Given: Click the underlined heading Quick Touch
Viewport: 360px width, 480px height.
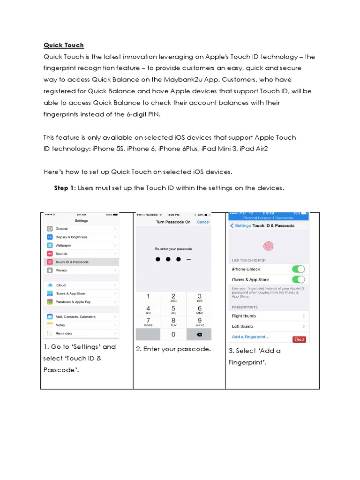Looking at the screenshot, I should tap(64, 45).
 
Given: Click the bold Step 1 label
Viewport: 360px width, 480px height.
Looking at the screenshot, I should tap(64, 188).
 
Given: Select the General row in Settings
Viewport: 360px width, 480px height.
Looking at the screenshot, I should tap(61, 229).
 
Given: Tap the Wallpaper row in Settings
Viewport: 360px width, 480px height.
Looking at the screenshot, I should tap(63, 245).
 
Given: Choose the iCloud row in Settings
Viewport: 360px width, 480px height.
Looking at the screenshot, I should tap(60, 285).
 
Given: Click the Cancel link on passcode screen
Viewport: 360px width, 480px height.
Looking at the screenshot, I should tap(203, 222).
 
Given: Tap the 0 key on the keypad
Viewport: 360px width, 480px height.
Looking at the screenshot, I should tap(173, 334).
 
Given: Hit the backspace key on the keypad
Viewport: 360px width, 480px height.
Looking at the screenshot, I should tap(199, 334).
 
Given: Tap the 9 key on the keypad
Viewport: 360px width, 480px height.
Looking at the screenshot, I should tap(199, 321).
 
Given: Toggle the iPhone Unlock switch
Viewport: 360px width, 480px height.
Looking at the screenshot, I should tap(298, 269).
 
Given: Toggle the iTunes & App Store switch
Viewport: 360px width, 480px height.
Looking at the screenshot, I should tap(298, 279).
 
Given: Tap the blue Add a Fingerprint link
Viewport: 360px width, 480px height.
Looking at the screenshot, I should tap(251, 337).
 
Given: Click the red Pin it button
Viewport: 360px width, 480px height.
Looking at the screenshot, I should tap(299, 339).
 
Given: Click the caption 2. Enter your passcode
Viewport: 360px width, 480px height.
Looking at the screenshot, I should tap(173, 349).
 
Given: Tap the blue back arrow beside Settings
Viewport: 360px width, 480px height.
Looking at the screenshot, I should tap(232, 226).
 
